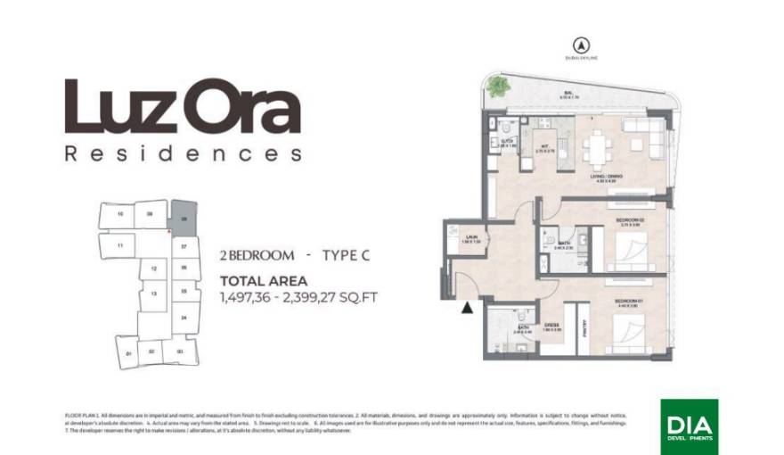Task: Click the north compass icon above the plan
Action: pyautogui.click(x=580, y=44)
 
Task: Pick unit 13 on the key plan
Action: pyautogui.click(x=154, y=294)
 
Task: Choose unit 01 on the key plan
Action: pyautogui.click(x=129, y=353)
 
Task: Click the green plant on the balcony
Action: pyautogui.click(x=498, y=86)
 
